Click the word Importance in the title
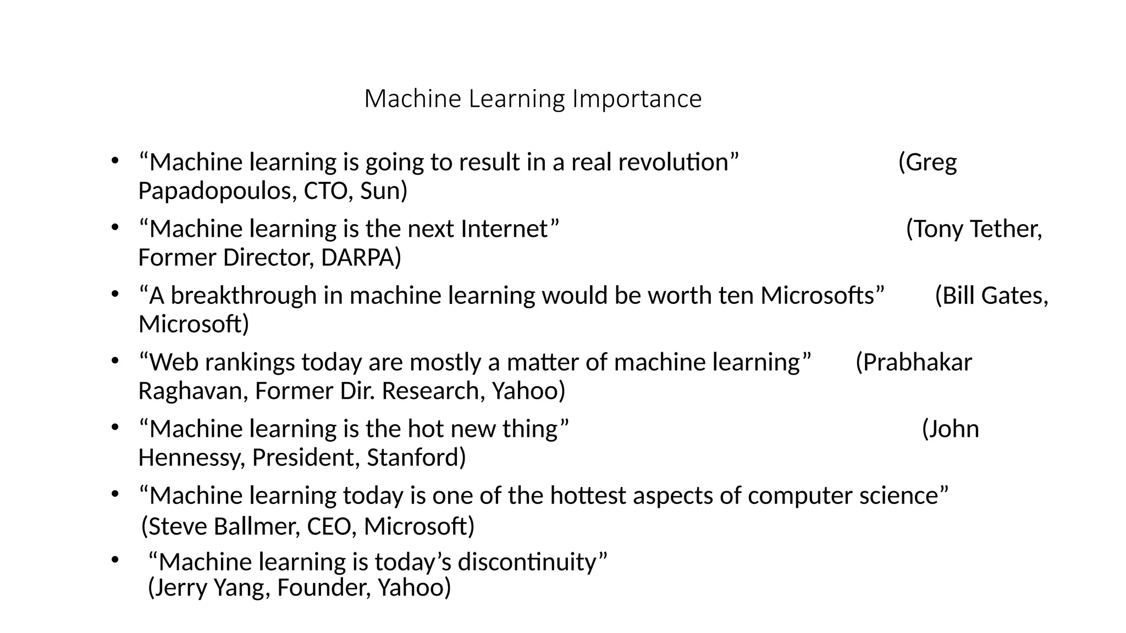(x=637, y=99)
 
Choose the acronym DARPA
(x=361, y=257)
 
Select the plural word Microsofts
(x=822, y=296)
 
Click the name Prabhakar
(x=914, y=362)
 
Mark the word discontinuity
(x=532, y=562)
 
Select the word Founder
(x=319, y=587)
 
